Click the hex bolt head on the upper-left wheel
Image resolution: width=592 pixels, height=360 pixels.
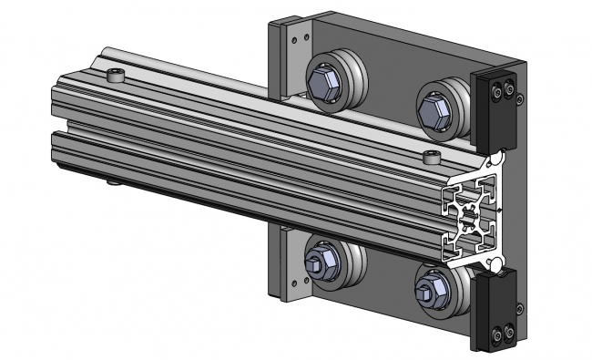point(324,84)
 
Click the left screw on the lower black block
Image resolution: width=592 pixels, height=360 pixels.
point(494,334)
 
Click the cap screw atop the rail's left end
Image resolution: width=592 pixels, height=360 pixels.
point(114,75)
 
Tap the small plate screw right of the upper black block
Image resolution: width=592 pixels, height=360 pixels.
point(519,92)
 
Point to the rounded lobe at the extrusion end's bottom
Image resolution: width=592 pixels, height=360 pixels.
point(495,262)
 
